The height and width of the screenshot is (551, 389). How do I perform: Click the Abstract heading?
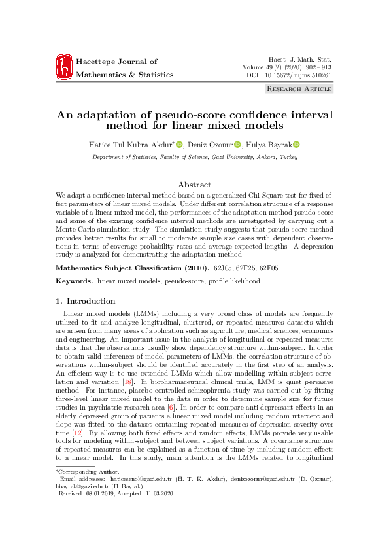click(x=194, y=185)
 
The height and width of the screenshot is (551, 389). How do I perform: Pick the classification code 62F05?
click(x=269, y=267)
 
